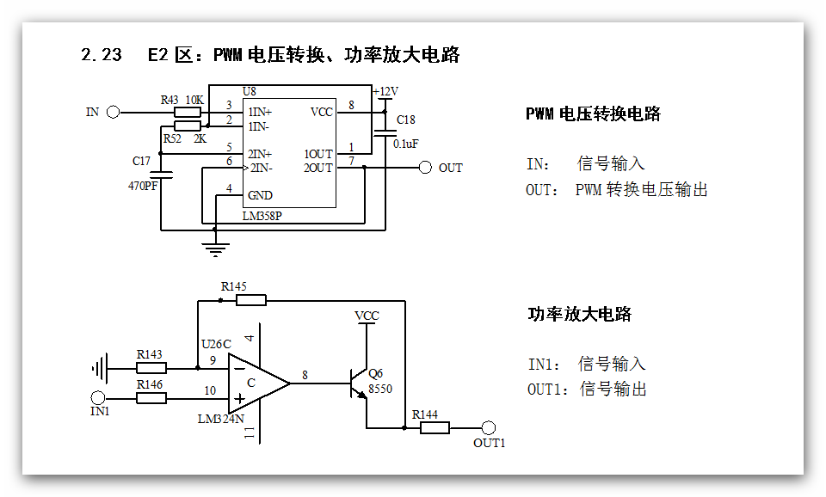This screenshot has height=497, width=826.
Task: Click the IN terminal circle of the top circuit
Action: click(x=113, y=112)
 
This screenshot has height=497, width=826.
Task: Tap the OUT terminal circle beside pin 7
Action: click(x=425, y=168)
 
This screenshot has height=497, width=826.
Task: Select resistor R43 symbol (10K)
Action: click(x=188, y=112)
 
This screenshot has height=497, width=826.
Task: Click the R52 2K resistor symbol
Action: click(x=188, y=126)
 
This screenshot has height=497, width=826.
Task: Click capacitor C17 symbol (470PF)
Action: click(x=161, y=175)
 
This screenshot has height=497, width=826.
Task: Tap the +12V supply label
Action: click(x=385, y=92)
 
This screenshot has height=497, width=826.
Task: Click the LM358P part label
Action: click(x=262, y=216)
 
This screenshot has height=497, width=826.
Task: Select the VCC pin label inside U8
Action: click(x=321, y=112)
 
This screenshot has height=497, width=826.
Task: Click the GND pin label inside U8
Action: click(x=260, y=195)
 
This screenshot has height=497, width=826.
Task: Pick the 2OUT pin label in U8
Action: click(x=318, y=168)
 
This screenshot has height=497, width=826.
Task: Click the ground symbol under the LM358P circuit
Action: click(x=214, y=249)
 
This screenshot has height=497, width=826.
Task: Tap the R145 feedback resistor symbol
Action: click(x=251, y=300)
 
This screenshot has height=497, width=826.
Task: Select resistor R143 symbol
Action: click(x=152, y=368)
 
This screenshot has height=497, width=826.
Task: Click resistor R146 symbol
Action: click(x=152, y=397)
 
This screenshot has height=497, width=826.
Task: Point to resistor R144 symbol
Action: click(x=435, y=427)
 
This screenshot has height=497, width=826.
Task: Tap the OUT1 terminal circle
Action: click(x=489, y=427)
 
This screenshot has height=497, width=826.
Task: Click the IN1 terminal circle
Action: click(x=98, y=397)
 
